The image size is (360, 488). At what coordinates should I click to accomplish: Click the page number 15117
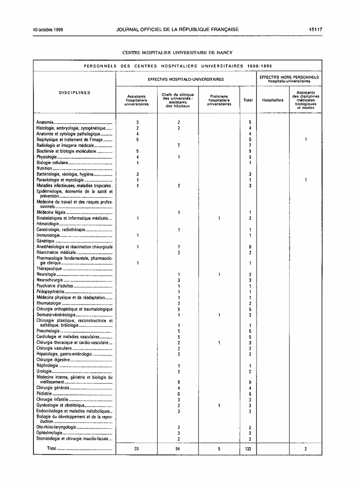pos(316,30)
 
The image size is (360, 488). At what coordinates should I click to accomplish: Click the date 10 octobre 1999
pos(51,30)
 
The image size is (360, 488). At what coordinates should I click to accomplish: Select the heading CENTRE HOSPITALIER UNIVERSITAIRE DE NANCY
pos(177,52)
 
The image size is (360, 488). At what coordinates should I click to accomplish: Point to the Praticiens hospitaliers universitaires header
pos(219,100)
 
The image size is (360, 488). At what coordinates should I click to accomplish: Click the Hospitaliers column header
pos(273,100)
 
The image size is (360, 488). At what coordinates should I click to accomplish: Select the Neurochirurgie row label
pos(49,280)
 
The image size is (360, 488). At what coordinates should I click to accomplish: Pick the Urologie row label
pos(44,372)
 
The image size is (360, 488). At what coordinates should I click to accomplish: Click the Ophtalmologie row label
pos(49,433)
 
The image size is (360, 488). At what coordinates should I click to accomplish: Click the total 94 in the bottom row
pos(178,449)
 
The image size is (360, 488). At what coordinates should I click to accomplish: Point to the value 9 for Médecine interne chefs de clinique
pos(178,383)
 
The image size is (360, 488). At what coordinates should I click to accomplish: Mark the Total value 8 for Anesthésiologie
pos(251,247)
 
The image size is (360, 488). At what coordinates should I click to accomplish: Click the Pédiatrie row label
pos(44,394)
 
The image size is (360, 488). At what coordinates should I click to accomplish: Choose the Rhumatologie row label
pos(48,304)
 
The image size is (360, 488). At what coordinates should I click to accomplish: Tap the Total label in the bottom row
pos(52,449)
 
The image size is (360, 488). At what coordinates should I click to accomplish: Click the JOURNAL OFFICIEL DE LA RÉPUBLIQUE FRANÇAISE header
pos(177,30)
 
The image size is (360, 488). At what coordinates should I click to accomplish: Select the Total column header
pos(248,100)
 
